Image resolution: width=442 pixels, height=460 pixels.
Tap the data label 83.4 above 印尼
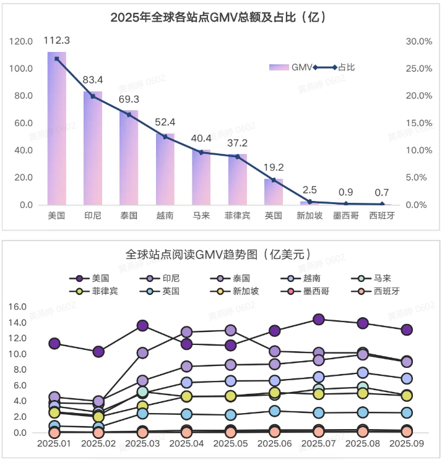tap(93, 80)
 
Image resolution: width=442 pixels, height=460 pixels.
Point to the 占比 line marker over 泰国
tap(129, 114)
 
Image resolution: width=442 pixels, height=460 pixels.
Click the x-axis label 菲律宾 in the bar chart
tap(237, 216)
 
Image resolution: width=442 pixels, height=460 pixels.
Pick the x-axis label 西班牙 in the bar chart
tap(381, 216)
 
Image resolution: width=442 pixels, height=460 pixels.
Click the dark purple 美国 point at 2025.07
tap(319, 320)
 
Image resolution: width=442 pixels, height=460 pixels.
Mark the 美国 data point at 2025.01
tap(54, 344)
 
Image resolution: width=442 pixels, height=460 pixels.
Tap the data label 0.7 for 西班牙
tap(381, 192)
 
